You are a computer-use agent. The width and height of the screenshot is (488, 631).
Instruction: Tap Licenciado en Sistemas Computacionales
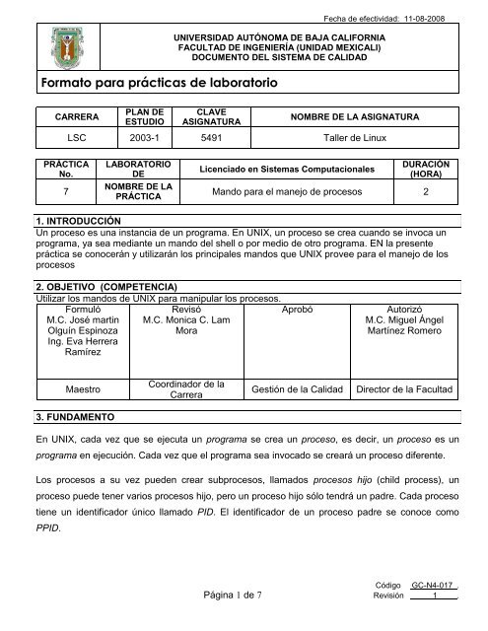coord(285,171)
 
